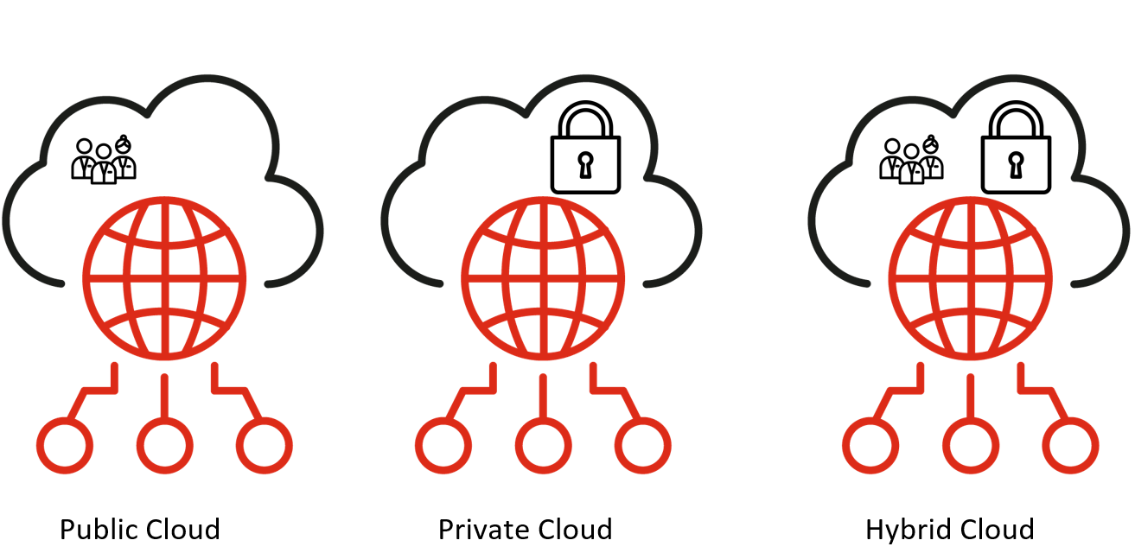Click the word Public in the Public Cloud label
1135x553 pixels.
(x=96, y=529)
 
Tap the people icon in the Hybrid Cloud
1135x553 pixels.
(x=911, y=159)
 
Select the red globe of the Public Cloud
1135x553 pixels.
(x=164, y=279)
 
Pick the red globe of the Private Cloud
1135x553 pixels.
(x=542, y=279)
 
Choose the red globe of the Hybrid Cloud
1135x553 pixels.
(x=970, y=279)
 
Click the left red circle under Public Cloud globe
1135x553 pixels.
(x=64, y=445)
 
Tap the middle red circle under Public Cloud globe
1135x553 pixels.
(x=164, y=445)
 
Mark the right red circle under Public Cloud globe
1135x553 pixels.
(x=265, y=445)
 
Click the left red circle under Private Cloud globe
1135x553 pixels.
(x=443, y=445)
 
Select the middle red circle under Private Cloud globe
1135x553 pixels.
(x=543, y=445)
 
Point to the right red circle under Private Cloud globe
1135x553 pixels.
(x=643, y=445)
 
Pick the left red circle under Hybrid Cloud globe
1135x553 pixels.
(x=870, y=445)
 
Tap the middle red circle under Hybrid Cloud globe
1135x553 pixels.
(x=971, y=445)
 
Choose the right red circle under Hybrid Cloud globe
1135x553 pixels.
(x=1071, y=445)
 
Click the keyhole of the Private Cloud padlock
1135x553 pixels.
(x=585, y=164)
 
